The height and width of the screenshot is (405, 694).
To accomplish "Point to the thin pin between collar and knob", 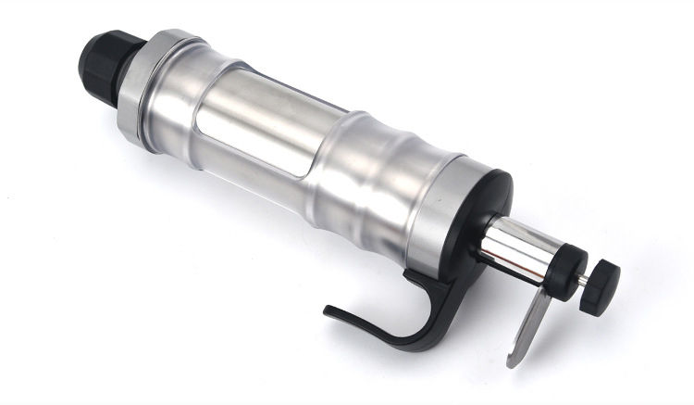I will click(x=584, y=278).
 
